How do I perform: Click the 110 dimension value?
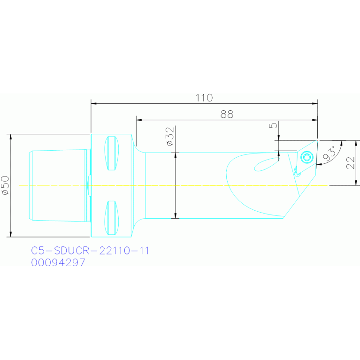[x=204, y=98]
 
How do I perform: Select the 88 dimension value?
[x=227, y=114]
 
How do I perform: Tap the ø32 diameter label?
[x=170, y=137]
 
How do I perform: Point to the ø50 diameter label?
[x=5, y=185]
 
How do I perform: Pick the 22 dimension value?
[x=350, y=162]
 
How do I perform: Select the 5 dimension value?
[x=273, y=126]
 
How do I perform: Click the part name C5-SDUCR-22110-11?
[x=90, y=251]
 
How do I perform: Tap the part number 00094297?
[x=58, y=263]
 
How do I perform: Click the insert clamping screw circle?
[x=308, y=157]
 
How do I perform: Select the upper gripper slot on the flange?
[x=112, y=153]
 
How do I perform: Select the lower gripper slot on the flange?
[x=112, y=217]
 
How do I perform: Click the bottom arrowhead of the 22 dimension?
[x=356, y=183]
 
